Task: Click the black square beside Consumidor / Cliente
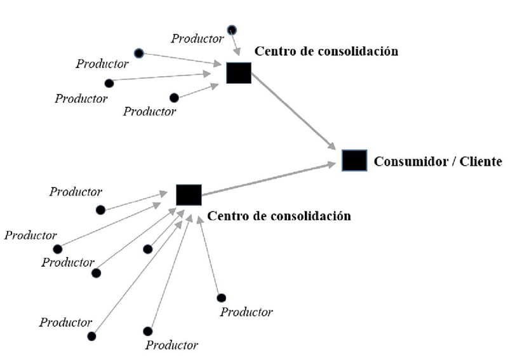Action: pyautogui.click(x=354, y=160)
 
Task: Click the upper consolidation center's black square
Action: pyautogui.click(x=239, y=73)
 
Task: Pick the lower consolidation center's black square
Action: pyautogui.click(x=189, y=195)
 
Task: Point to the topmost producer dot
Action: pyautogui.click(x=232, y=29)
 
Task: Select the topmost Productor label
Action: pyautogui.click(x=197, y=39)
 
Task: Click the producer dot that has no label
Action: pyautogui.click(x=148, y=249)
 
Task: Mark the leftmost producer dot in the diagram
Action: pyautogui.click(x=58, y=249)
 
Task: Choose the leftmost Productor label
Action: pyautogui.click(x=30, y=236)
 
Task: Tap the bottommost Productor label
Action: pyautogui.click(x=171, y=346)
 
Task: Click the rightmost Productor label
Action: pyautogui.click(x=246, y=312)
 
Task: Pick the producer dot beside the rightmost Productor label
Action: pyautogui.click(x=221, y=298)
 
